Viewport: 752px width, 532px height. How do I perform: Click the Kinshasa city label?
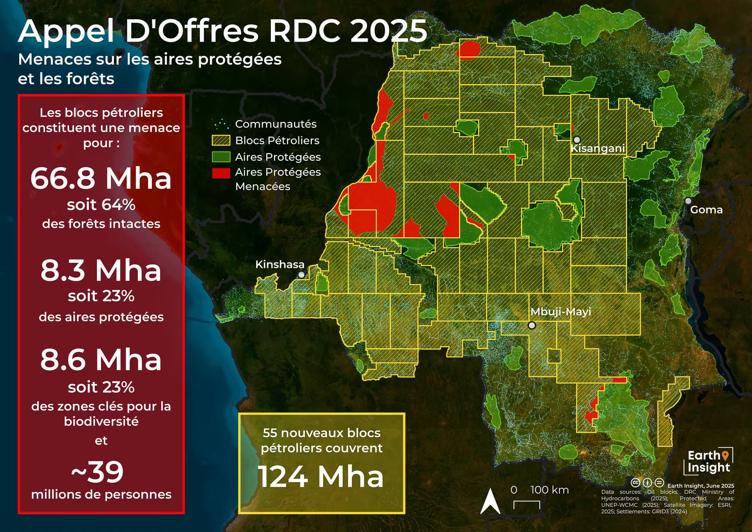280,264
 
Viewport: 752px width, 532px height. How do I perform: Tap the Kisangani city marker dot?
577,140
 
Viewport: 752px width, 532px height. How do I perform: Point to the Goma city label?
706,210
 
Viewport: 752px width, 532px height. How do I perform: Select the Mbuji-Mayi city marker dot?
531,325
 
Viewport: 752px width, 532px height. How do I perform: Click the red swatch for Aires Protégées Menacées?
221,173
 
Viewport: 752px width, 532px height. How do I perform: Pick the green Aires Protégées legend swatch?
221,157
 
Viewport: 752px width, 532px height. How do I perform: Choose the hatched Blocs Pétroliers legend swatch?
221,140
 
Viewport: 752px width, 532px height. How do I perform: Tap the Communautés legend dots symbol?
221,124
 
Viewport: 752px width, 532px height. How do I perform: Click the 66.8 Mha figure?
101,179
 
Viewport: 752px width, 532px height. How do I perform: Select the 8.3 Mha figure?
101,270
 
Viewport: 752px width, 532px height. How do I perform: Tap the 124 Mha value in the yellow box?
321,477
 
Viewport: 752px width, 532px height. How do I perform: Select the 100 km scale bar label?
549,490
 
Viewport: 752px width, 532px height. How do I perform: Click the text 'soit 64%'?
101,204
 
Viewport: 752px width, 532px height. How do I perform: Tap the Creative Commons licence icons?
647,483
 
